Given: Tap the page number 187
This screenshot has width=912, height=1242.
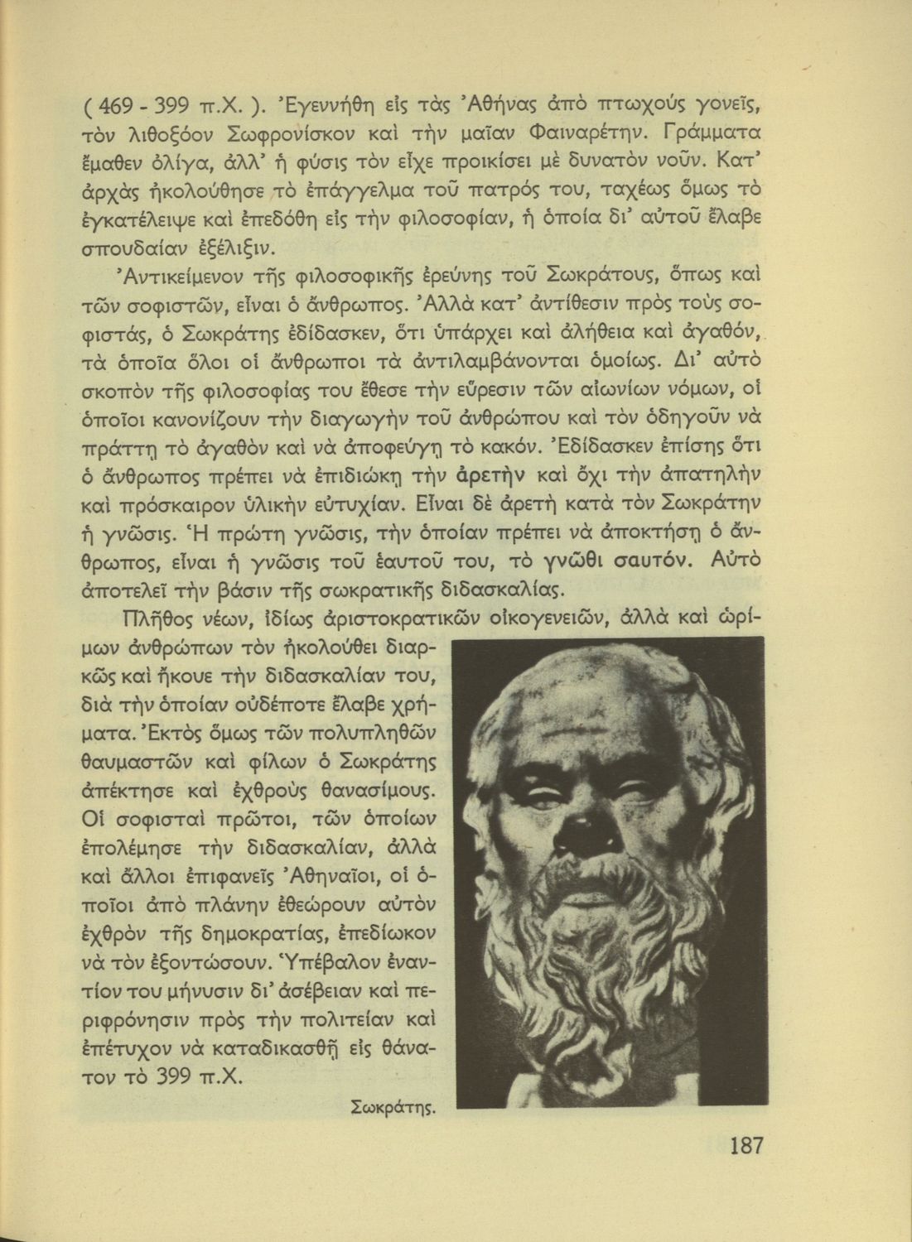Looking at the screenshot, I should pos(746,1146).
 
